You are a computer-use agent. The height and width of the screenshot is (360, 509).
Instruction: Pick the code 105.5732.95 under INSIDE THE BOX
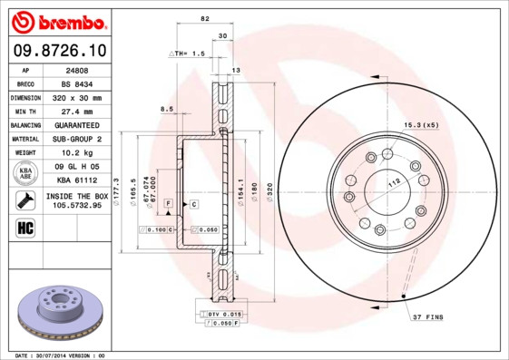click(77, 205)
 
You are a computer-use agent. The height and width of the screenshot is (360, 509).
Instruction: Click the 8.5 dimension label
click(167, 110)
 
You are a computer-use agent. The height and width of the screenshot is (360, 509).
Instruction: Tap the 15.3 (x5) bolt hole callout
click(422, 125)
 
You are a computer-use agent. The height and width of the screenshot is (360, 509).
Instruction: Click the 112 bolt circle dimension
click(395, 181)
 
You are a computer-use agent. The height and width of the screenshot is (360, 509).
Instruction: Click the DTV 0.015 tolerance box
click(219, 313)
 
